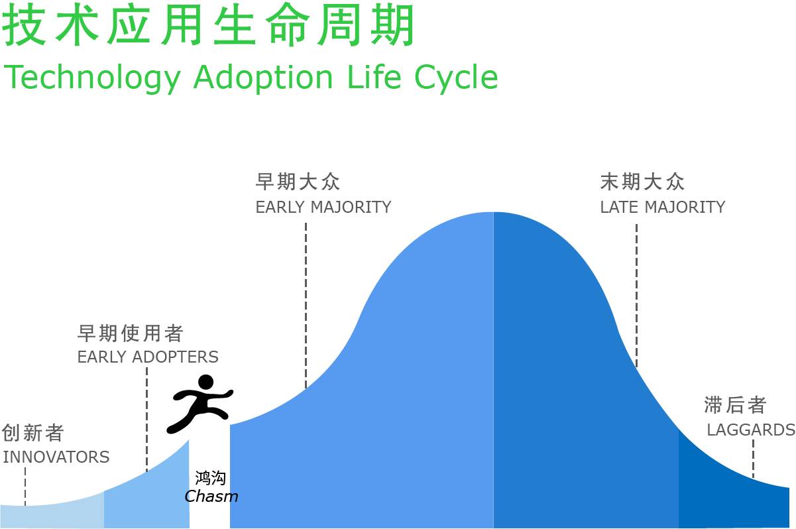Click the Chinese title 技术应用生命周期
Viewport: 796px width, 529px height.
(x=208, y=26)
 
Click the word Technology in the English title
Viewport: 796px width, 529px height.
(x=92, y=78)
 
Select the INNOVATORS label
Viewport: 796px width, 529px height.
(x=56, y=457)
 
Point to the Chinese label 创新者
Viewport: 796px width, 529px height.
(x=32, y=433)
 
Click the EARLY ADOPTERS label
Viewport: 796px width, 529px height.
(x=148, y=357)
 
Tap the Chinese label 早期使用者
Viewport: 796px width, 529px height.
(x=131, y=333)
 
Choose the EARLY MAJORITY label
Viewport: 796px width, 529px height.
(x=323, y=207)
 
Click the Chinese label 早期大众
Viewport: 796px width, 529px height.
(x=298, y=182)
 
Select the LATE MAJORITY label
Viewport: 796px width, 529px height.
(x=663, y=207)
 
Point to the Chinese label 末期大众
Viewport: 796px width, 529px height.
(x=642, y=182)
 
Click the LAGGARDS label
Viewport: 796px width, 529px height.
(x=751, y=430)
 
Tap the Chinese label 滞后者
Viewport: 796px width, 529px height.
(x=735, y=405)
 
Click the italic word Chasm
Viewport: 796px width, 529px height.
(x=211, y=497)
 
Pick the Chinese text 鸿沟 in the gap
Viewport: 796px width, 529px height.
(x=210, y=477)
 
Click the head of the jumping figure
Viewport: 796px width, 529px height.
(x=205, y=382)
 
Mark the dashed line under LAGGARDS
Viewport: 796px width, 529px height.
(x=753, y=459)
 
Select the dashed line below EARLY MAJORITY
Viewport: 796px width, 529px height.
(x=306, y=306)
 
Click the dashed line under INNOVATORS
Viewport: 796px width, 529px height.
(x=25, y=487)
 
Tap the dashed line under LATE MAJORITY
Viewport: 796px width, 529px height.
(x=636, y=296)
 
